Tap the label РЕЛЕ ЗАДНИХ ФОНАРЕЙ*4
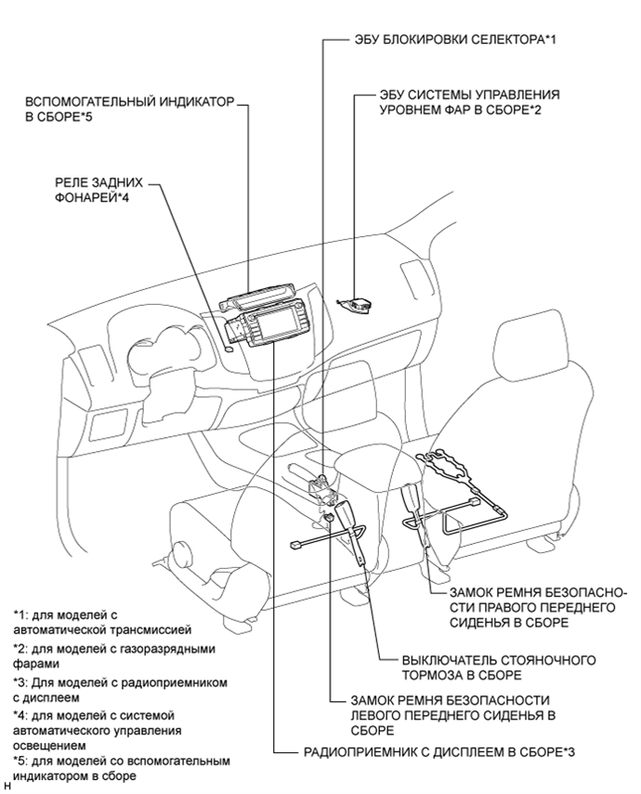94,192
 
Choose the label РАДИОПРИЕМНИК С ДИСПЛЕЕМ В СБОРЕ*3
438,750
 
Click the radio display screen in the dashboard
282,327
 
